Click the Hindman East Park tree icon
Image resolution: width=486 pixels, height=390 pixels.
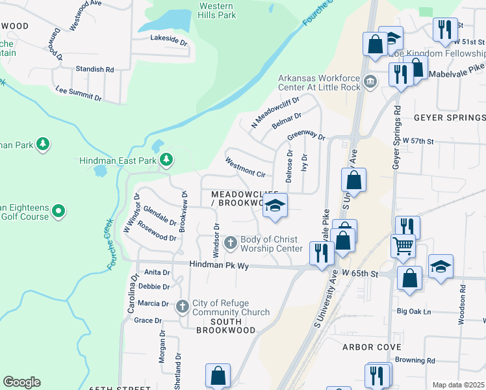pos(166,159)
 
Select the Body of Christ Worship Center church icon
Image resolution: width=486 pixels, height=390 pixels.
pos(230,244)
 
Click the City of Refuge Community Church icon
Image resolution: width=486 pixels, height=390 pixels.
pos(183,305)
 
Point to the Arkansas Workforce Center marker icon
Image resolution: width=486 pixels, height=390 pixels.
pos(370,82)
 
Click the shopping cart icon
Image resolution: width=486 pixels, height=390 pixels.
pos(403,246)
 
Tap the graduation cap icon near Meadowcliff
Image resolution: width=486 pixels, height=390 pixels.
pos(275,206)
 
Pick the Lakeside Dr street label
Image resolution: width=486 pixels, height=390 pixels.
pos(168,40)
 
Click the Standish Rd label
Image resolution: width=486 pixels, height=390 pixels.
pos(94,69)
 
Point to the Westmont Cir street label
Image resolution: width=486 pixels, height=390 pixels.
pos(245,166)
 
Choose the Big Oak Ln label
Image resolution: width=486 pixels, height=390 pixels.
pos(414,311)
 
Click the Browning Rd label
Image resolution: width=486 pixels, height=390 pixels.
pos(418,360)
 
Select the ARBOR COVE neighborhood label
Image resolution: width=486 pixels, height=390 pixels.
pos(372,347)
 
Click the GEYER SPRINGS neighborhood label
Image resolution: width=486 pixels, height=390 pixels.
pos(449,118)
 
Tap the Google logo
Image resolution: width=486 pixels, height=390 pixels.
pos(21,382)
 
